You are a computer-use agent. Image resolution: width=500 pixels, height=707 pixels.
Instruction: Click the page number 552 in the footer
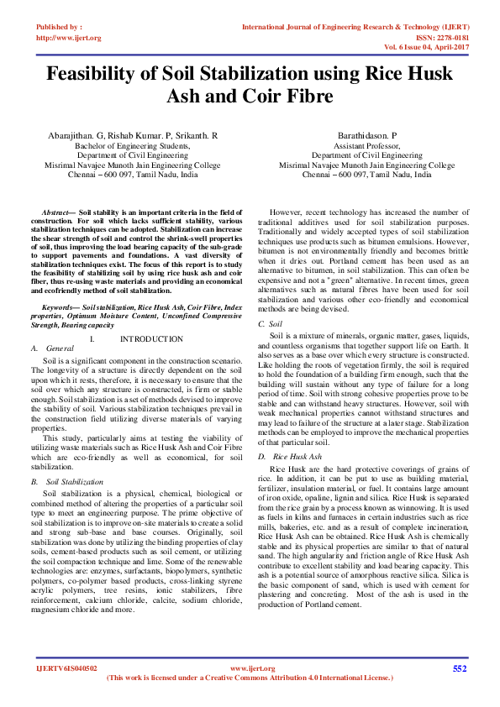tap(459, 668)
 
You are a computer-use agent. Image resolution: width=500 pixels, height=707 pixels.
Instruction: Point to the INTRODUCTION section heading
tap(151, 338)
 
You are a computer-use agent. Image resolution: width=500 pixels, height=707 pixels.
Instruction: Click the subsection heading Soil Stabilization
tap(75, 482)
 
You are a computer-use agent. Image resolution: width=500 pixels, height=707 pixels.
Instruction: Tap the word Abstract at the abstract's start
tap(56, 216)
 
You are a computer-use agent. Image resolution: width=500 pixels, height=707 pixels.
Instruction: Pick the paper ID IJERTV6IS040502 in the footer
tap(66, 668)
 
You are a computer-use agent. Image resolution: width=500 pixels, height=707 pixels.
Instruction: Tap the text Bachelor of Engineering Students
tap(132, 145)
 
